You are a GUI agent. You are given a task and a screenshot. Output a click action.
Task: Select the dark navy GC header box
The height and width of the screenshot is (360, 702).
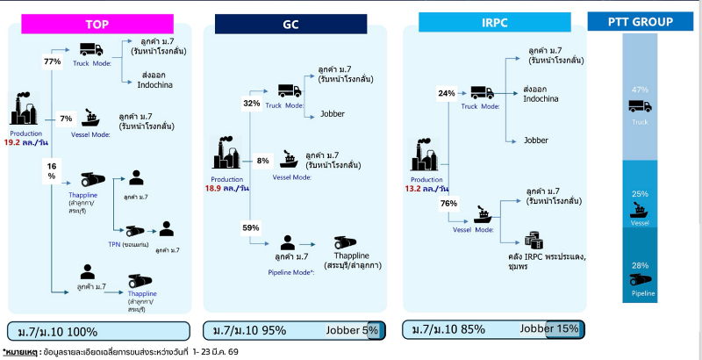click(x=290, y=25)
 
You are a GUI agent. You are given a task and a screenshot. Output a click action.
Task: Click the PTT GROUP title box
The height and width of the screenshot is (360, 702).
click(x=641, y=22)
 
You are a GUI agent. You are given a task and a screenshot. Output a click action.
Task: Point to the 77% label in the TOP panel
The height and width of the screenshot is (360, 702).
click(x=51, y=62)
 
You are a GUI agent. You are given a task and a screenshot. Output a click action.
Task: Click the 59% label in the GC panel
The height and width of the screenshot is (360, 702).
click(x=252, y=228)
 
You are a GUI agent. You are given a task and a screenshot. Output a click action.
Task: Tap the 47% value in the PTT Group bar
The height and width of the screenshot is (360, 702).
click(x=640, y=90)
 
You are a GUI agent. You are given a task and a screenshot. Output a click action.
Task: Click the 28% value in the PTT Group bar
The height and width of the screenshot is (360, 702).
click(x=640, y=264)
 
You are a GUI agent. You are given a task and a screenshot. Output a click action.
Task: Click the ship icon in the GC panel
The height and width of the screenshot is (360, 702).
click(x=288, y=161)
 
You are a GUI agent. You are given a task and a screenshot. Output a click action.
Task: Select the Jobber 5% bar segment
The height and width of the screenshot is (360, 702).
click(x=357, y=330)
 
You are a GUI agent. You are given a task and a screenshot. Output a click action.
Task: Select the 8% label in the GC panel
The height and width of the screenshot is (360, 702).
click(x=262, y=161)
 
